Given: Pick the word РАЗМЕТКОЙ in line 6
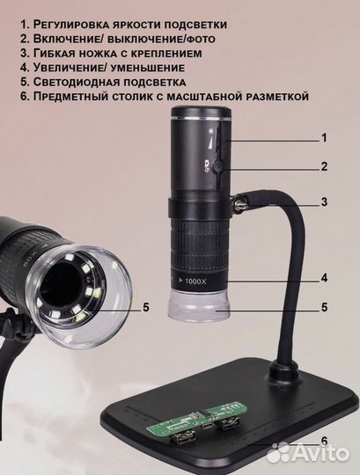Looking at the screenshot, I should pos(267,97).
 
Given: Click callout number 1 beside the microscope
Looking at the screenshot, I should pos(324,138).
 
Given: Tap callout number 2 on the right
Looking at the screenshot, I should pos(324,166).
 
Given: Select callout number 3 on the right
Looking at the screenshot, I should pos(324,201).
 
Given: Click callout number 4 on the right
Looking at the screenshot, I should pos(324,278).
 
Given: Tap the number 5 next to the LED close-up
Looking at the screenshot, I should pos(146,307).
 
